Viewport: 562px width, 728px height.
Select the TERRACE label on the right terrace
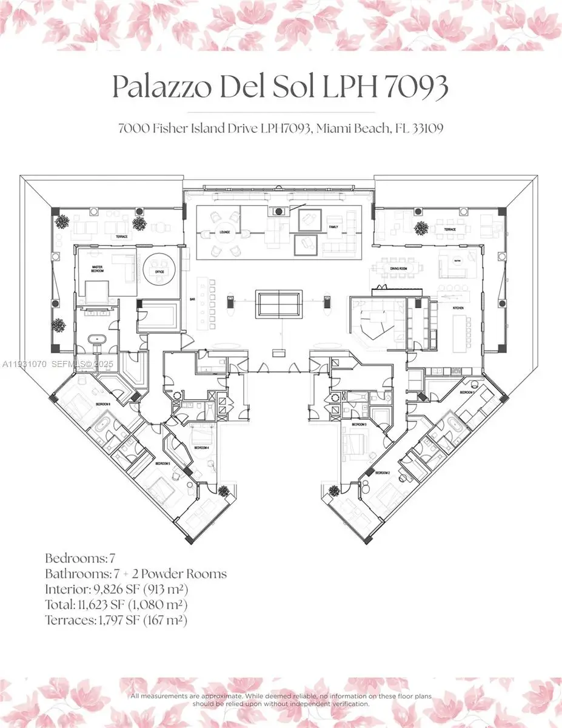449,230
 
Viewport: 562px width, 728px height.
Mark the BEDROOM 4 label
202,448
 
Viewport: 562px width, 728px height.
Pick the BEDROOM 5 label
162,463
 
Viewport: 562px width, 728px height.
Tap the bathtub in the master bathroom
96,340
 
